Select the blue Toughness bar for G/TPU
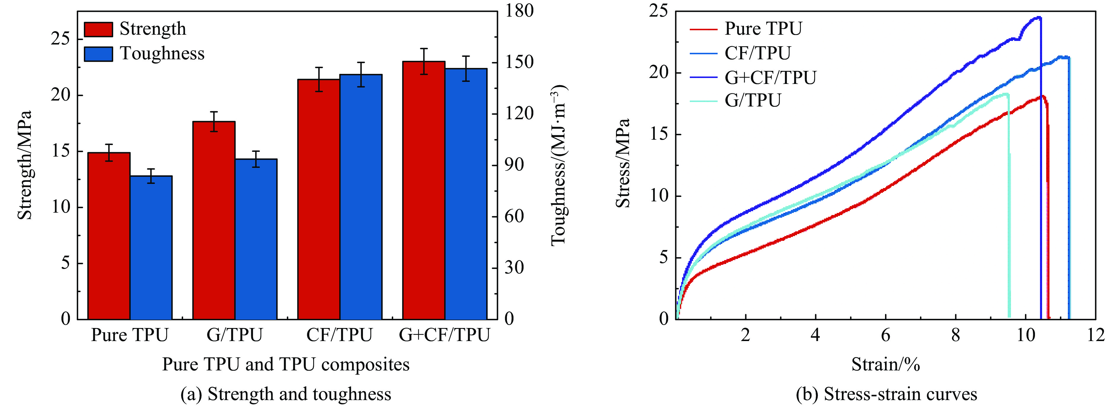(256, 239)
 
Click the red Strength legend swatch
(98, 29)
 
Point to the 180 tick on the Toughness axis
(519, 11)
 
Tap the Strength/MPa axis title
(25, 165)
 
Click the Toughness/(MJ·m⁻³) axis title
(559, 165)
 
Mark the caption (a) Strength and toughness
(286, 394)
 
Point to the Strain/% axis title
(886, 364)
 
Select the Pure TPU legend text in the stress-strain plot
(763, 29)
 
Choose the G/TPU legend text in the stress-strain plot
(753, 101)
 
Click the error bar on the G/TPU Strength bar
(214, 121)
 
